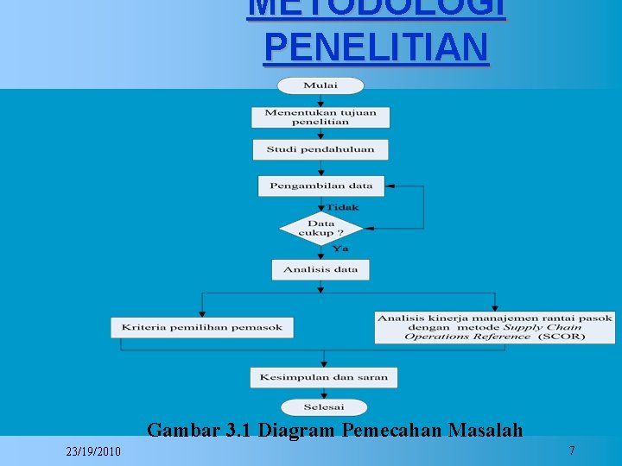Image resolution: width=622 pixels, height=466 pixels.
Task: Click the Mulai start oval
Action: [321, 85]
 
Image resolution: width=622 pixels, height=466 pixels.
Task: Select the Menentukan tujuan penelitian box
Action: [321, 117]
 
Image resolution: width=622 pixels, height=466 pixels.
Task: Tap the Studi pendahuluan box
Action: [321, 149]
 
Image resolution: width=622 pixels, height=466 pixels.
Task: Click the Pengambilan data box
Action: [321, 186]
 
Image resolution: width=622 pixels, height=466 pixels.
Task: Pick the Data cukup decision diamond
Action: [321, 229]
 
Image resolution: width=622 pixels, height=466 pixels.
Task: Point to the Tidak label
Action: [343, 207]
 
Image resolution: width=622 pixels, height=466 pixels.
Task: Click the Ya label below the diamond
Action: [340, 249]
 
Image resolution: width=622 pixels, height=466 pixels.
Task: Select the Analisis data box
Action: [321, 270]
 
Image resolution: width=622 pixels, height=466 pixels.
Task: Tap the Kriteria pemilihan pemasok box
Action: [202, 327]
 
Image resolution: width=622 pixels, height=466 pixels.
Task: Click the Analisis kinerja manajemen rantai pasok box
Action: [495, 327]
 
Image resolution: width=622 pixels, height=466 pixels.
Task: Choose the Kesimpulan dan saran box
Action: [324, 377]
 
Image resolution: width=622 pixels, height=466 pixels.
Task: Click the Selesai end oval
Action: [324, 407]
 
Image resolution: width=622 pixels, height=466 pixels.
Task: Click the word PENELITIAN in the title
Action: [376, 47]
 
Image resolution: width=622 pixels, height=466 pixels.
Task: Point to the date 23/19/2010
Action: [93, 452]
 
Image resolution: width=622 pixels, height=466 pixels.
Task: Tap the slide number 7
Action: [572, 450]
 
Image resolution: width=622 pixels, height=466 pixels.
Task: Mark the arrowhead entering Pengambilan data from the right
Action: [390, 186]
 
